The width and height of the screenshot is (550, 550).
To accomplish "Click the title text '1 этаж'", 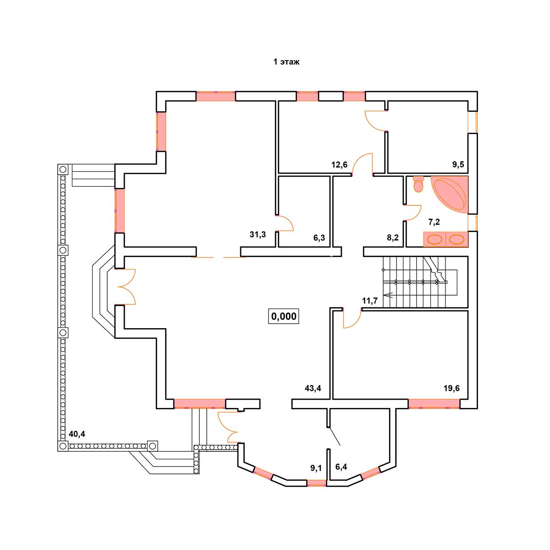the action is [x=286, y=62].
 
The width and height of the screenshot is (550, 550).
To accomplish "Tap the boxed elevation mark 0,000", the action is [x=284, y=316].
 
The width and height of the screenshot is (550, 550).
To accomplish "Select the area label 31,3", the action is [x=258, y=234].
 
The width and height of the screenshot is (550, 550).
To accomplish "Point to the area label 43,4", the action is [x=313, y=388].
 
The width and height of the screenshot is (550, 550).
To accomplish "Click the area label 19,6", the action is [x=451, y=388].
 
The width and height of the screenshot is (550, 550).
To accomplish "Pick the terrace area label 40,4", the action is [x=77, y=434].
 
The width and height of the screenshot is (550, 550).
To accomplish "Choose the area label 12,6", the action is [x=339, y=165].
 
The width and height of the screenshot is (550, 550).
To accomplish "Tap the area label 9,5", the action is [x=458, y=165].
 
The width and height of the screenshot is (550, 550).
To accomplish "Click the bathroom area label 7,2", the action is [x=434, y=222].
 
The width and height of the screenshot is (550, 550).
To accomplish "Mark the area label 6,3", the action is [x=319, y=238].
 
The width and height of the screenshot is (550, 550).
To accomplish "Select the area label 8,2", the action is [x=393, y=238].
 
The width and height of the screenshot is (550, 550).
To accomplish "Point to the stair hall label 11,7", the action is [x=370, y=301].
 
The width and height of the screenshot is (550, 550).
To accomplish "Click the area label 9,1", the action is [x=316, y=468].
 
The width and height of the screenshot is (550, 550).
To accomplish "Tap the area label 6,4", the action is [x=341, y=467].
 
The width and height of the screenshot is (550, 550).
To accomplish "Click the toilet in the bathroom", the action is [x=418, y=184].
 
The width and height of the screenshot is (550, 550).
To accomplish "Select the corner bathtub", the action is [x=449, y=195].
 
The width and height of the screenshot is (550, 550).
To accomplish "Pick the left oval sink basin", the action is [x=434, y=239].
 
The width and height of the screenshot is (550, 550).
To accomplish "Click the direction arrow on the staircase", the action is [x=389, y=295].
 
